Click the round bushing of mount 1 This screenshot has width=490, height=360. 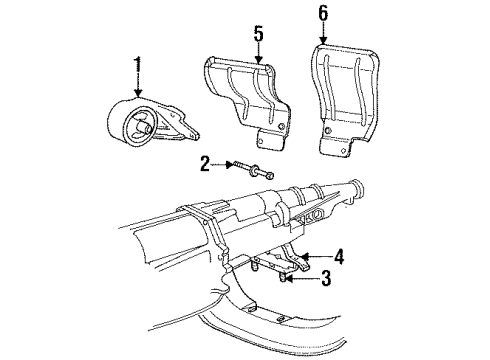point(136,126)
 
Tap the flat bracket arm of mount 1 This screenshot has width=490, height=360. point(183,128)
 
